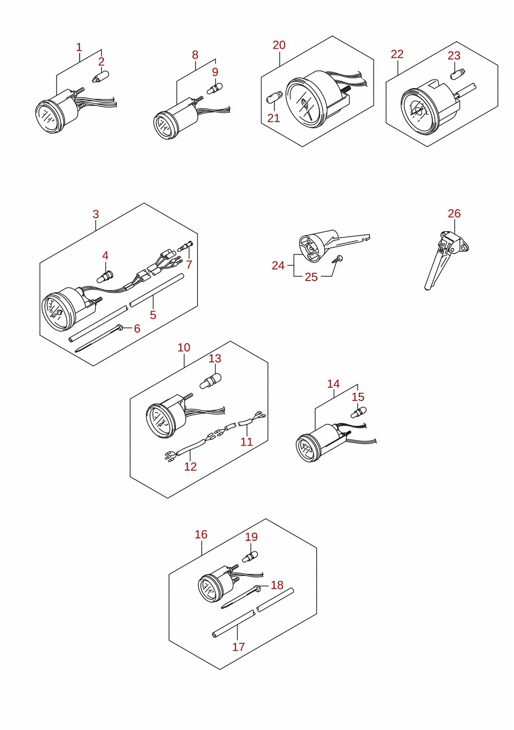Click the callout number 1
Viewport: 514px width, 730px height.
click(79, 48)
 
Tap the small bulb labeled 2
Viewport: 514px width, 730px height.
click(100, 77)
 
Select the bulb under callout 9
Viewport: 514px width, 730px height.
click(215, 88)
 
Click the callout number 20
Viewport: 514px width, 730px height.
click(279, 45)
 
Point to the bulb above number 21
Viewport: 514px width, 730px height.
click(275, 97)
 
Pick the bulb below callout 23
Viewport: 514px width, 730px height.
click(458, 74)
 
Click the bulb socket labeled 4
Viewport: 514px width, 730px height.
click(105, 276)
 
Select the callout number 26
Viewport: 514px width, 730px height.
click(454, 214)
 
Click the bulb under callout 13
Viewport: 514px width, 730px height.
click(210, 381)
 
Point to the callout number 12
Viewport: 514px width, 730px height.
click(190, 467)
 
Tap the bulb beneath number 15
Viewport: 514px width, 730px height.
click(358, 412)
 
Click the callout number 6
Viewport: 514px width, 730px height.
click(138, 329)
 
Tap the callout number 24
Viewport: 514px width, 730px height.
click(278, 265)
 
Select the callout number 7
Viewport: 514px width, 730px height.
click(189, 264)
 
